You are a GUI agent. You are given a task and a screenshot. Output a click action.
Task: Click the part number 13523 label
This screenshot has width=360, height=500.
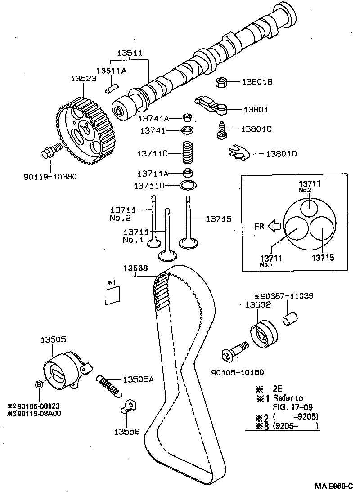(83, 78)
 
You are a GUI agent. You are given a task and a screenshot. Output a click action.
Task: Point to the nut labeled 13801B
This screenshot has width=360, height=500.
(221, 82)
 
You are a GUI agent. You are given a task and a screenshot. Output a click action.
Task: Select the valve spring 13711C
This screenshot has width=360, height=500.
(186, 153)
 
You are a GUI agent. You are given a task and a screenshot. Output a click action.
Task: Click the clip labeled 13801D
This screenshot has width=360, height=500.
(238, 153)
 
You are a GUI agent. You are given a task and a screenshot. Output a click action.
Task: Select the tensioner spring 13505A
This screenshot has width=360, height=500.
(109, 386)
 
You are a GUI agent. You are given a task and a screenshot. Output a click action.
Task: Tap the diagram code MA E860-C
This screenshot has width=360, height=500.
(333, 486)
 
